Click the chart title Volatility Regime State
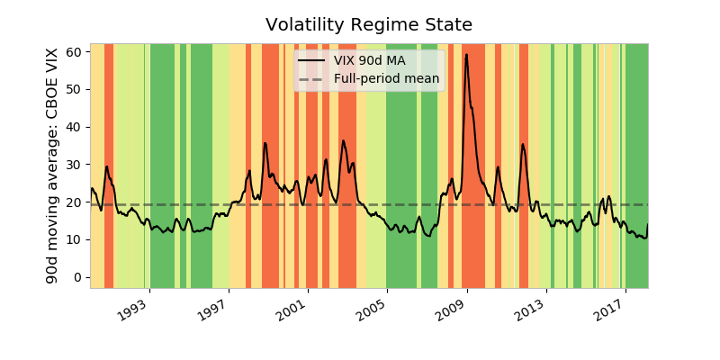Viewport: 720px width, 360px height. [369, 25]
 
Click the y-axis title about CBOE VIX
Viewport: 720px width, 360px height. [52, 166]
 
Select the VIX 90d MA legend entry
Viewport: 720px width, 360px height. [369, 60]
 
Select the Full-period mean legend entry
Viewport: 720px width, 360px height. [386, 79]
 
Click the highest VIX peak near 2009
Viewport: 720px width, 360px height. [466, 54]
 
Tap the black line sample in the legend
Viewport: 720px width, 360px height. [311, 60]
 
